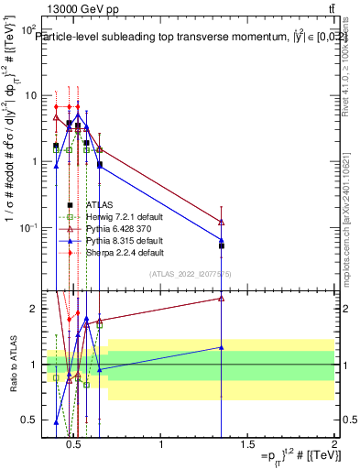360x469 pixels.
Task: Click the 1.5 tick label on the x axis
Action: [x=247, y=445]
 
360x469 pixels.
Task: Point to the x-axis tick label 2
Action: [x=333, y=445]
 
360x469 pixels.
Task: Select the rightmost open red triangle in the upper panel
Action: [x=222, y=222]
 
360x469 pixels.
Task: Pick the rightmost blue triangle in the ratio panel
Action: [x=222, y=347]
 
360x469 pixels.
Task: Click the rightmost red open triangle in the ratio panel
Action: [x=222, y=298]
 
